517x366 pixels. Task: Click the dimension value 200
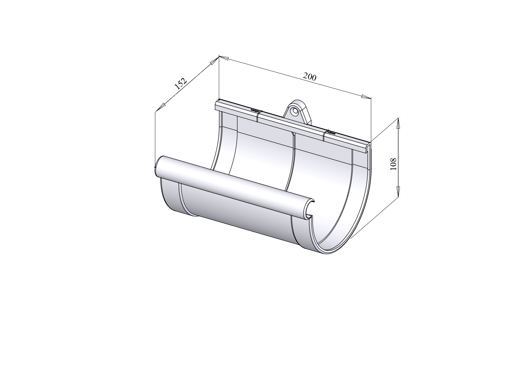point(309,77)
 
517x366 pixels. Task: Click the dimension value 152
point(180,83)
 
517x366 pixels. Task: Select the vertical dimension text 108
point(393,164)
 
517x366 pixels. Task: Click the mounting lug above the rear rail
point(298,114)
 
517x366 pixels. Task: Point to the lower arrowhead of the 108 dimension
point(398,191)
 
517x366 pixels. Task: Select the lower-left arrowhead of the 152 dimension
point(160,108)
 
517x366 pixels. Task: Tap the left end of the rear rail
point(218,105)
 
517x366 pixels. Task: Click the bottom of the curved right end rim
point(327,253)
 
